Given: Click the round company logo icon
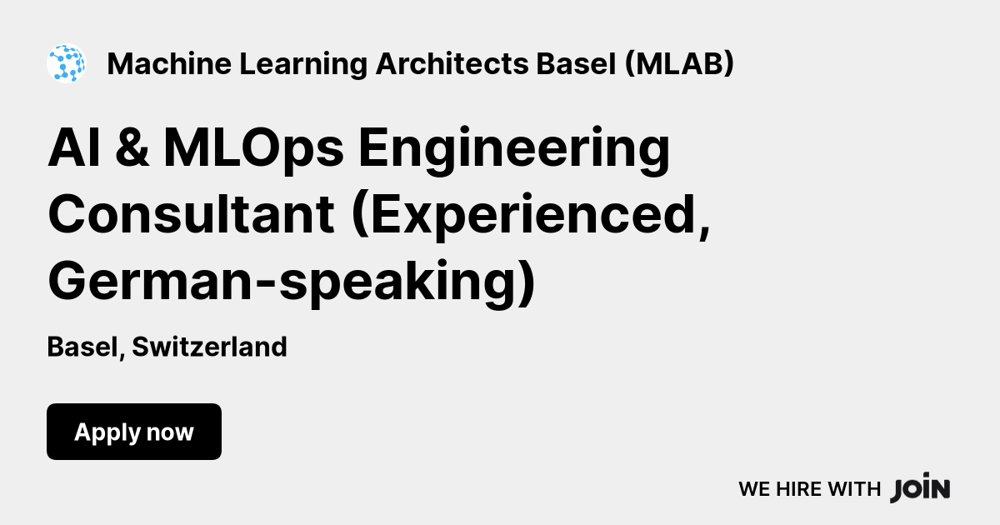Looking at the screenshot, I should coord(66,63).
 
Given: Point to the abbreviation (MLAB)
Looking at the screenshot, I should coord(679,63).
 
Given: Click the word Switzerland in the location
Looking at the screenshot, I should coord(209,347).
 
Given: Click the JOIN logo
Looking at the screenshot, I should coord(920,489).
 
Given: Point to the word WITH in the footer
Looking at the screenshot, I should coord(853,490).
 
